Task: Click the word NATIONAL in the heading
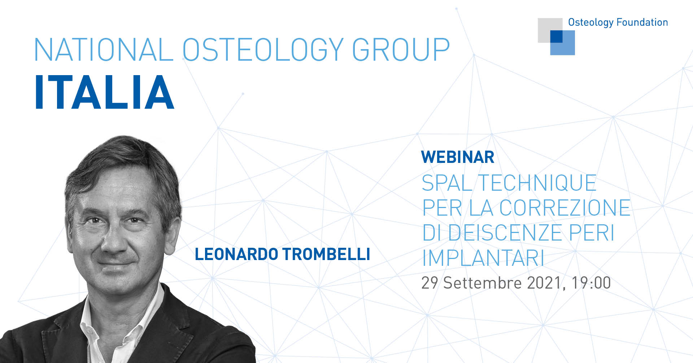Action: click(x=104, y=49)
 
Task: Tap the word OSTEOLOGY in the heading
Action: click(x=263, y=49)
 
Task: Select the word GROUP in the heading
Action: click(x=401, y=49)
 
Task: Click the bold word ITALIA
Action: click(x=105, y=92)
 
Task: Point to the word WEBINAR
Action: click(x=458, y=157)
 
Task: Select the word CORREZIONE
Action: click(x=565, y=208)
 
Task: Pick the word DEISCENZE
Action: click(x=505, y=233)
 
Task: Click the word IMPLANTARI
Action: click(x=483, y=258)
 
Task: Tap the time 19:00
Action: click(x=591, y=283)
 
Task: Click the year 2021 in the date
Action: click(x=544, y=283)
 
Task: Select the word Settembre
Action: click(x=483, y=283)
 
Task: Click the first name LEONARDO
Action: click(x=236, y=254)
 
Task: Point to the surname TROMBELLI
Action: click(x=326, y=254)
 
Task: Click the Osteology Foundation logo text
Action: click(x=618, y=22)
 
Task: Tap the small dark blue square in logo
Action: click(x=556, y=36)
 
